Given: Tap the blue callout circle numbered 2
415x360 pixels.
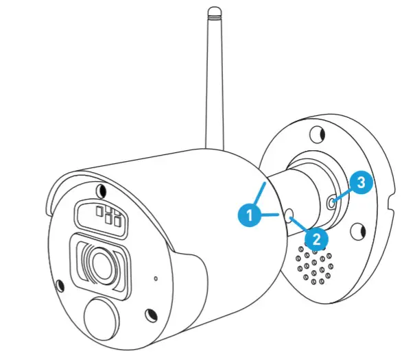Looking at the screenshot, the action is click(x=316, y=239).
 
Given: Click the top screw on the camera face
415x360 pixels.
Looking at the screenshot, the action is click(x=102, y=190).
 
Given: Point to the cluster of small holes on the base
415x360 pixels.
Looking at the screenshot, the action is click(x=315, y=267).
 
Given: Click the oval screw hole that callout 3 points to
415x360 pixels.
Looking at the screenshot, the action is click(x=332, y=202).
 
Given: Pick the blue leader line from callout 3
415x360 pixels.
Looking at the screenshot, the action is click(x=342, y=193).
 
